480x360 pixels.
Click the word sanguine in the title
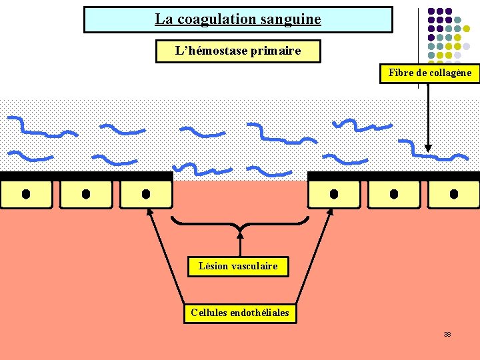291,19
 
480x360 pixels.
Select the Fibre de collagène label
430,73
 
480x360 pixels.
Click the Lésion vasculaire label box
238,267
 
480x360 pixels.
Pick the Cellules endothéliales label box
240,313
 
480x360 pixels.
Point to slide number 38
447,334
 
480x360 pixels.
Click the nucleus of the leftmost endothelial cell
26,194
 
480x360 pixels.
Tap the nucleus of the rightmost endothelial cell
454,194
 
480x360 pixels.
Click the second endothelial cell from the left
86,194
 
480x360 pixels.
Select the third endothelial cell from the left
146,194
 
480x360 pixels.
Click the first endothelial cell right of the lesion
334,194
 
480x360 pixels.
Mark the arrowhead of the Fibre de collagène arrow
428,151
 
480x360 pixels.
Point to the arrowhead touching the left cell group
149,212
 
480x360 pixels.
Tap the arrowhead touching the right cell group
331,212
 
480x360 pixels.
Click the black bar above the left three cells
86,176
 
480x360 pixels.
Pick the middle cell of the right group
394,194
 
